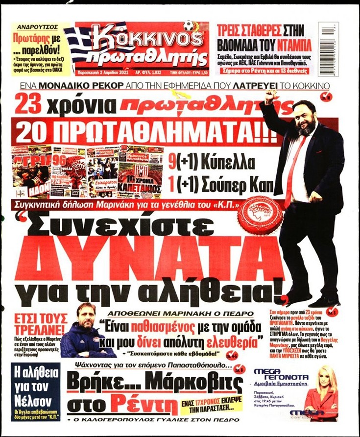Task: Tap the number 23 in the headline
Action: tap(32, 104)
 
